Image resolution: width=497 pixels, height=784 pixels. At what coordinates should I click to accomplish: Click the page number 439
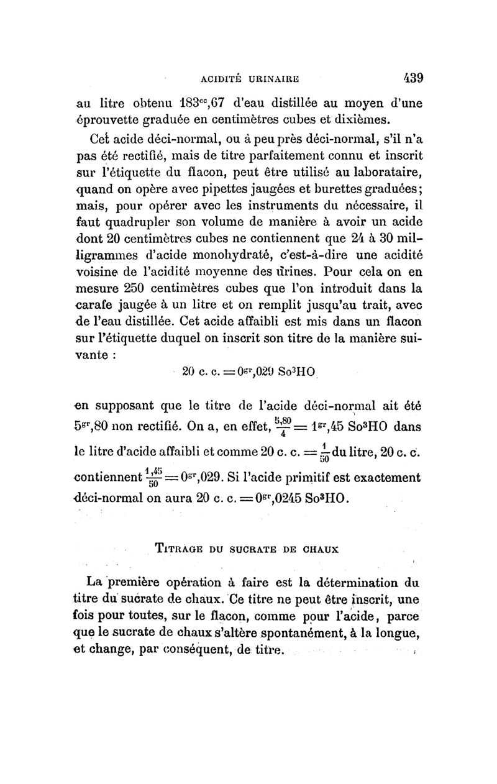click(410, 78)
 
